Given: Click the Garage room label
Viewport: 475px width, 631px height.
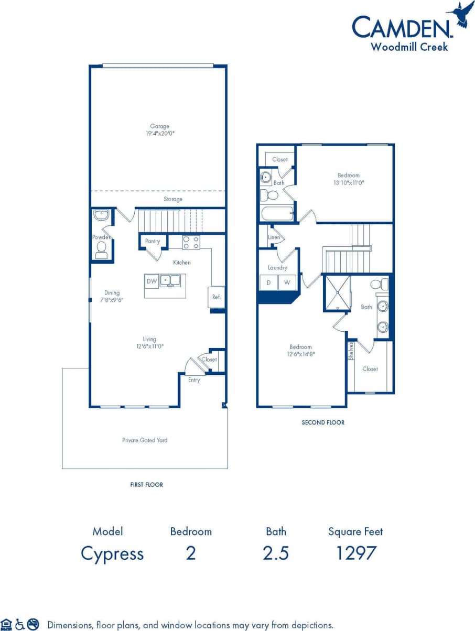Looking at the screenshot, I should [160, 126].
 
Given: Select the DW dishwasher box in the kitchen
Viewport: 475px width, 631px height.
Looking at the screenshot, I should [152, 281].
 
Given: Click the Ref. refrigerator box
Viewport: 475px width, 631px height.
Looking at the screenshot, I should [217, 297].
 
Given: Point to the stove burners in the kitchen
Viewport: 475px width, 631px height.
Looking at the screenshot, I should [191, 243].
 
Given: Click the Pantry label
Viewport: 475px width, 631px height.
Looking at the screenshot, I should [153, 242].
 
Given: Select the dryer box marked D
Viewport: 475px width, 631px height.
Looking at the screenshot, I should [269, 282].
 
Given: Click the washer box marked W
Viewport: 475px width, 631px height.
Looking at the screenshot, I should [287, 282].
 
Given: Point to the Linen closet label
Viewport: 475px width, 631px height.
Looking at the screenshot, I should [274, 237].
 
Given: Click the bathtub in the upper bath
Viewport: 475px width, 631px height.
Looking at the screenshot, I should [276, 213].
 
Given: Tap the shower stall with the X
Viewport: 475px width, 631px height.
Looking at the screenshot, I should [338, 292].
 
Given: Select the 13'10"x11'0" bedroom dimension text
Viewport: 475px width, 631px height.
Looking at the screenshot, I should [349, 183].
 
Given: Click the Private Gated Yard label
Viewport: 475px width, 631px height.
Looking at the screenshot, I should [145, 440].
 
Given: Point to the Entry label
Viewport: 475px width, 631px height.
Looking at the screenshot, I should [194, 380].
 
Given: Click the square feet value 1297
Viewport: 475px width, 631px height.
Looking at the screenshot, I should [355, 553].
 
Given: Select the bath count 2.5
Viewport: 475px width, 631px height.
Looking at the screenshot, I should [276, 553].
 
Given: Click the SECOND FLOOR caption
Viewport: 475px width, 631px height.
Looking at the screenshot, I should [323, 422].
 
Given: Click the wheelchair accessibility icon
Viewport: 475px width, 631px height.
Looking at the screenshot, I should [20, 624].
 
